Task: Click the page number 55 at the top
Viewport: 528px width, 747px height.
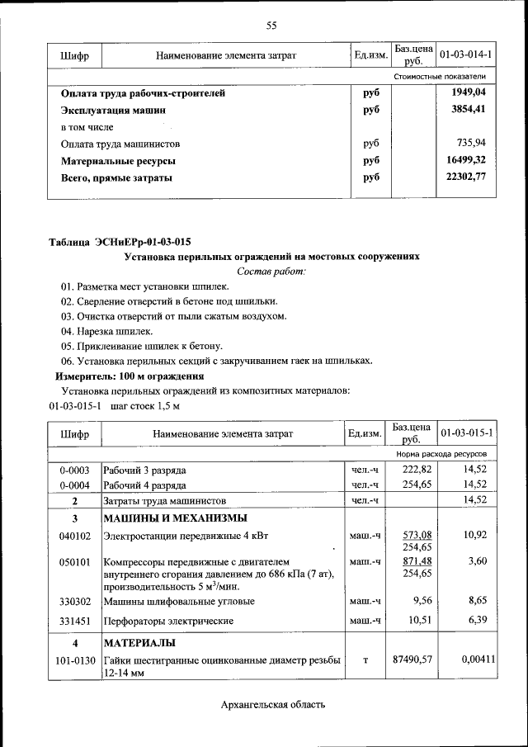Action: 271,26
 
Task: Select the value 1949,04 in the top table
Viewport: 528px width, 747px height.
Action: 469,93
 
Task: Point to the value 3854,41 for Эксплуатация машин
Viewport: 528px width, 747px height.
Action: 469,110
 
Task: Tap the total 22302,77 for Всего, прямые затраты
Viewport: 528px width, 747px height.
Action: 466,177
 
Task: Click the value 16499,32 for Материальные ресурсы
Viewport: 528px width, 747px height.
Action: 466,161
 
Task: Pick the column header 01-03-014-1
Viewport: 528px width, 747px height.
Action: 466,55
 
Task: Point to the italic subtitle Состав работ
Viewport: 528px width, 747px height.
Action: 271,271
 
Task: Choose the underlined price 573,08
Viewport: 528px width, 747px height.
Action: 417,535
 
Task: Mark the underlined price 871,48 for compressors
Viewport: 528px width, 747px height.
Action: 417,561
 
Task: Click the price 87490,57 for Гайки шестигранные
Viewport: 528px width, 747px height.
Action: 412,659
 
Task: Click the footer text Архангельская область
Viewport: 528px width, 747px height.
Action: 273,704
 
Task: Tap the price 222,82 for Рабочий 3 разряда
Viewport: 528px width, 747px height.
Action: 417,470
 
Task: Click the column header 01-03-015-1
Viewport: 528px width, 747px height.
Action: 466,433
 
